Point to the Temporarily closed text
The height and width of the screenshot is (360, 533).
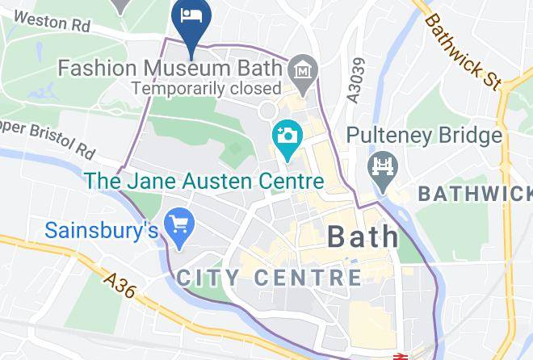(206, 88)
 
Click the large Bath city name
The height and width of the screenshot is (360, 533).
(363, 236)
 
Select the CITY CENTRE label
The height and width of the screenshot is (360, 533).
(268, 278)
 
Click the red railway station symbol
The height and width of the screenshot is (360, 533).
(399, 356)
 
